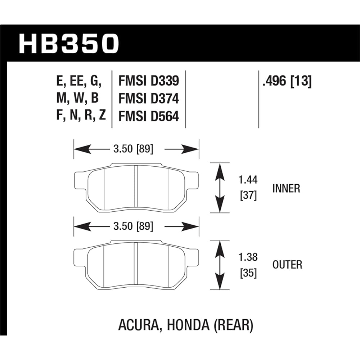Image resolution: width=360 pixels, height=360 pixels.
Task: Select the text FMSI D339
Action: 149,81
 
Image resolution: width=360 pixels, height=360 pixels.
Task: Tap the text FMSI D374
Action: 149,99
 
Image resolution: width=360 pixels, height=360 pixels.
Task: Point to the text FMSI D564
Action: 149,116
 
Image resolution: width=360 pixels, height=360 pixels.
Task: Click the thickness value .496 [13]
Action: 287,81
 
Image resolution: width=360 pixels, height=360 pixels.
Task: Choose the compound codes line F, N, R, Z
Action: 78,116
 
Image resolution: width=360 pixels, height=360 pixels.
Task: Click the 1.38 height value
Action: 248,257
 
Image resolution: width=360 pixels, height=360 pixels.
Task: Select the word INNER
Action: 286,188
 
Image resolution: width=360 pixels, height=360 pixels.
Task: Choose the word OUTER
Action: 287,265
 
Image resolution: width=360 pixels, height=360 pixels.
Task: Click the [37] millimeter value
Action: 248,196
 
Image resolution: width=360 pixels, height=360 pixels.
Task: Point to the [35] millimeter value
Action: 248,273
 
